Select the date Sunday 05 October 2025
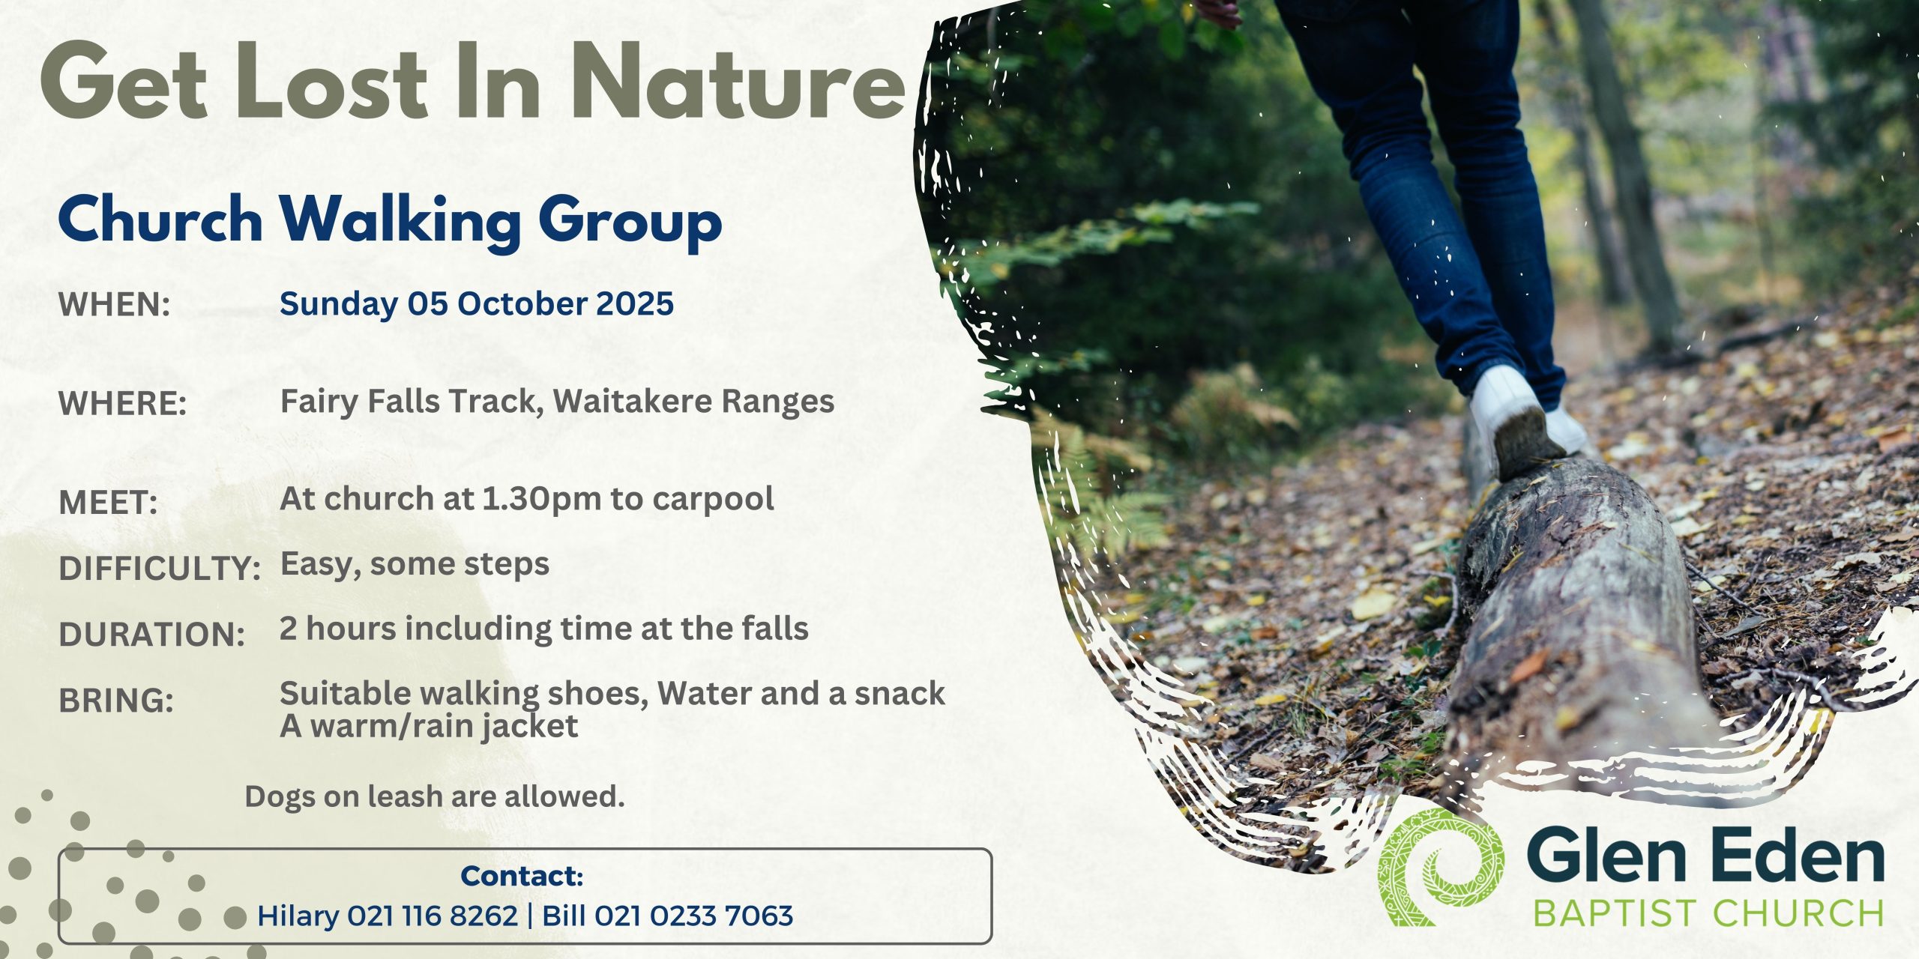click(x=477, y=304)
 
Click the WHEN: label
click(x=115, y=305)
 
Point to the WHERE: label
click(x=123, y=404)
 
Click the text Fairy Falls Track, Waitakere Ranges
click(x=557, y=402)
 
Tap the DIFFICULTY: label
click(x=160, y=569)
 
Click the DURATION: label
click(x=152, y=635)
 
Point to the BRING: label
click(x=116, y=701)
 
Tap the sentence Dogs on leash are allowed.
click(x=435, y=796)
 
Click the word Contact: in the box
click(x=522, y=876)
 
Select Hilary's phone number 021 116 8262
click(x=433, y=916)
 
